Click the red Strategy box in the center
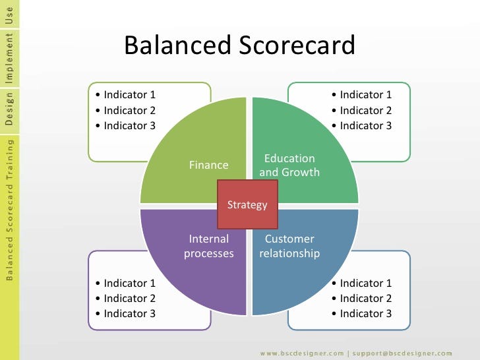pos(247,204)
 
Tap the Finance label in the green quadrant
pos(208,165)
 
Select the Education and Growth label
pos(289,165)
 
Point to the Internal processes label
pos(208,246)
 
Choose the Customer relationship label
pos(289,246)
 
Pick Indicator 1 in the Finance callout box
pos(129,95)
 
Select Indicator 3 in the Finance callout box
pos(129,125)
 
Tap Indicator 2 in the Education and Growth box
pos(365,110)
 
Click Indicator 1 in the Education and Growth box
pos(365,95)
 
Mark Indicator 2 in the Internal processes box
pos(129,298)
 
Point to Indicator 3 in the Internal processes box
pos(129,313)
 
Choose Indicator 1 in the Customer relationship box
pos(365,283)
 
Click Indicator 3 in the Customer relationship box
pos(365,313)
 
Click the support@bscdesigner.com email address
pos(402,353)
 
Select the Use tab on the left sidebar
pos(9,14)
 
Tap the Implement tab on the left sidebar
pos(9,58)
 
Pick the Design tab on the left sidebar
pos(9,109)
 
